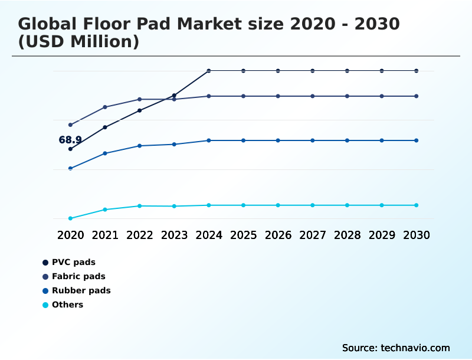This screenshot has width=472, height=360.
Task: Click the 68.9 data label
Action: [x=70, y=140]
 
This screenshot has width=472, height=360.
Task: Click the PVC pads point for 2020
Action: [x=70, y=149]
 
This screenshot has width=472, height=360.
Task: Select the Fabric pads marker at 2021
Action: [x=105, y=107]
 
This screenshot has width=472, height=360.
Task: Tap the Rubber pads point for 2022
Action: [x=140, y=146]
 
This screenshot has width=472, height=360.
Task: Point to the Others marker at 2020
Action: [x=70, y=218]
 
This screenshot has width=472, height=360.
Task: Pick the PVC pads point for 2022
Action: [x=140, y=110]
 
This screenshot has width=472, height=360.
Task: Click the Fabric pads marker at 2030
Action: [x=416, y=96]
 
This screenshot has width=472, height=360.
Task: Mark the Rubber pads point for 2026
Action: [x=278, y=140]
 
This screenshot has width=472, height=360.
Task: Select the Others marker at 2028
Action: [x=347, y=205]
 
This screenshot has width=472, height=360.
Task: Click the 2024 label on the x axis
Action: [x=209, y=235]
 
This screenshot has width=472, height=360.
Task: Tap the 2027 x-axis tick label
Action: [x=312, y=235]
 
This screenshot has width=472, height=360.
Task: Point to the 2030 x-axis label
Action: [x=416, y=235]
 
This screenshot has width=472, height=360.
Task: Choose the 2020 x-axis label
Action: [x=70, y=235]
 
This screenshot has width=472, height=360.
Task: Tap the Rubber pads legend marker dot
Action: [x=45, y=290]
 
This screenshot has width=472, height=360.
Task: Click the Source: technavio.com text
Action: [x=396, y=348]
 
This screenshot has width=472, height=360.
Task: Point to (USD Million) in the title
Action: [x=78, y=42]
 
